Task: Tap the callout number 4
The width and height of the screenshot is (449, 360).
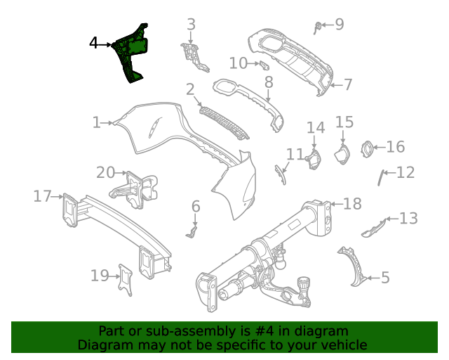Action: pos(94,44)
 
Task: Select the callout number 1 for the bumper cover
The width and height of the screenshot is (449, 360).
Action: pos(97,123)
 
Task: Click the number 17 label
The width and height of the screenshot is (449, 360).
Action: pos(43,196)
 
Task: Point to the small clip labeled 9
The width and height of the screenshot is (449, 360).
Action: pos(319,27)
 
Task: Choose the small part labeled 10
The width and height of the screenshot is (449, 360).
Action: pos(265,65)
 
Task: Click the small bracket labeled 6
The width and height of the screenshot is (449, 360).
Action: pos(194,230)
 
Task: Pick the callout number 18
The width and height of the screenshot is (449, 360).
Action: pos(352,204)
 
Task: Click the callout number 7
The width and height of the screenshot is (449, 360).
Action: pos(348,85)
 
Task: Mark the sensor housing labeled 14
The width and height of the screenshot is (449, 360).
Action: pos(311,159)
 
